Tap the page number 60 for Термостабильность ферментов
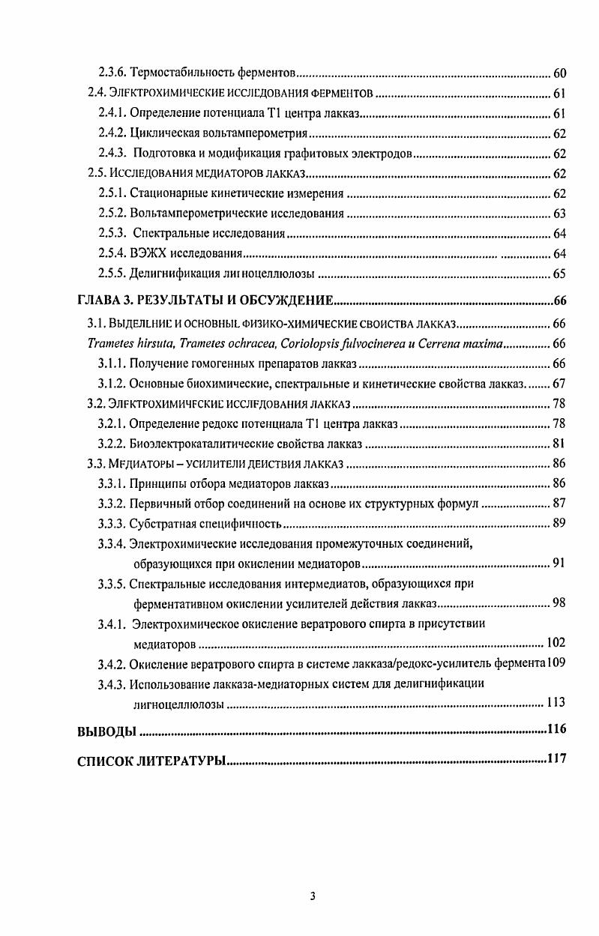(x=559, y=73)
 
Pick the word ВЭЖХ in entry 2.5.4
(x=148, y=253)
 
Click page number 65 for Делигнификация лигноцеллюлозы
(x=559, y=274)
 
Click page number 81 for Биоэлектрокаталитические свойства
(x=559, y=443)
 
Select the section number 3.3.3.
(x=112, y=523)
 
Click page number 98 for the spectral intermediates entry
(x=559, y=603)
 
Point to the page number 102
(x=556, y=643)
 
